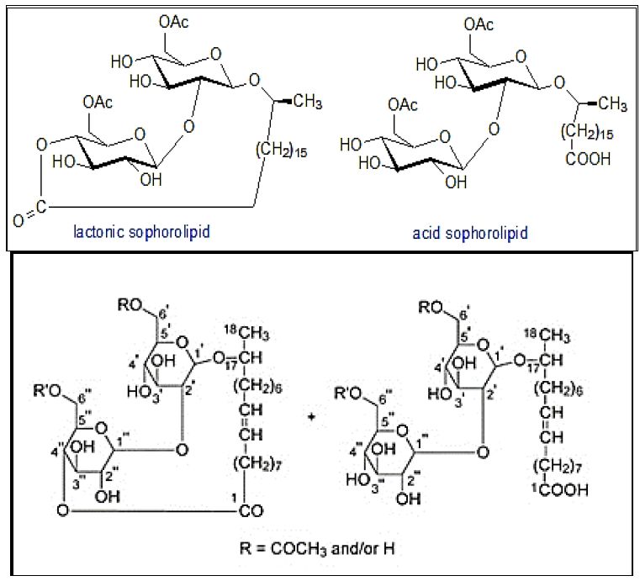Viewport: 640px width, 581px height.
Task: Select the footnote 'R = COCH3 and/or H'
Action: [315, 550]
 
